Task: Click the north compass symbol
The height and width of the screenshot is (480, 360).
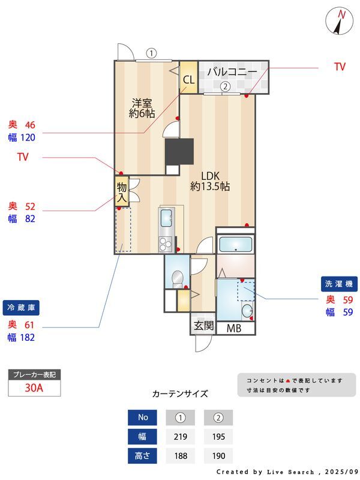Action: (x=340, y=21)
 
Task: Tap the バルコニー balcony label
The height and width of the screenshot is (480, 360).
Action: (x=232, y=72)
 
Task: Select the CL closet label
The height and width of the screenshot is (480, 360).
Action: (x=188, y=80)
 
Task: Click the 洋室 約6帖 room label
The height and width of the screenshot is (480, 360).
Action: (x=142, y=108)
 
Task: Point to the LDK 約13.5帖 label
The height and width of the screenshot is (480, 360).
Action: (x=210, y=181)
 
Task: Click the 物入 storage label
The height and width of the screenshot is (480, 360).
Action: (x=122, y=192)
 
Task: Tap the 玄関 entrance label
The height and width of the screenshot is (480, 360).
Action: (x=203, y=325)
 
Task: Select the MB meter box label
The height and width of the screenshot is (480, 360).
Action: (x=234, y=328)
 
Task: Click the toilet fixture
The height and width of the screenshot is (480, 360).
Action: (x=177, y=278)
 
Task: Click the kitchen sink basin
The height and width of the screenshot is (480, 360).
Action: (x=166, y=218)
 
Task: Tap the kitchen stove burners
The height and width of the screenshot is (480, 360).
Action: (x=166, y=245)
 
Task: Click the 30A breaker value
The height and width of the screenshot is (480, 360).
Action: (x=34, y=388)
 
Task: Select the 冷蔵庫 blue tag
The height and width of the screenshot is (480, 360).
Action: (x=21, y=308)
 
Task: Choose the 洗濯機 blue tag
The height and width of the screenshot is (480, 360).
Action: (x=339, y=284)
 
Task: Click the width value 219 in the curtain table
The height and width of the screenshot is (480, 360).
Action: (x=181, y=437)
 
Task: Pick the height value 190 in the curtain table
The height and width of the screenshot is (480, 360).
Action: (x=218, y=456)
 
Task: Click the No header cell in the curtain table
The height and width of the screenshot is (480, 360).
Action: (x=142, y=417)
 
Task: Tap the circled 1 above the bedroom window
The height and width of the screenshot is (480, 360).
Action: (x=151, y=53)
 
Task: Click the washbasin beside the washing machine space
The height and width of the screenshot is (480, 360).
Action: (x=247, y=311)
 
